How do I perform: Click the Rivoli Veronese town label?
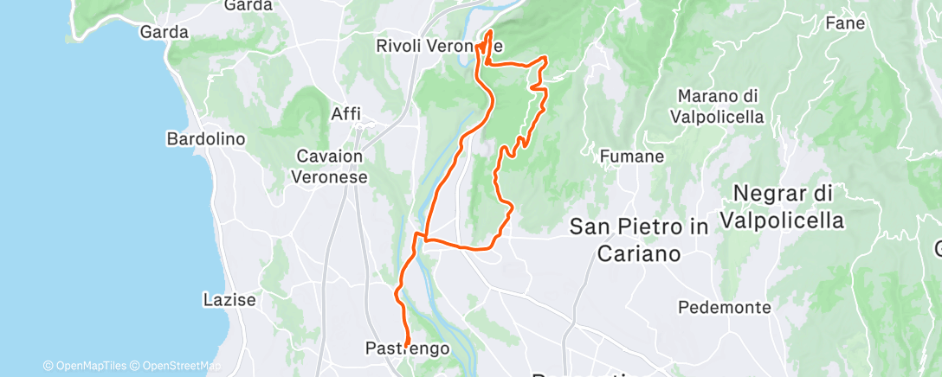[x=440, y=45]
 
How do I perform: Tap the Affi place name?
[x=345, y=113]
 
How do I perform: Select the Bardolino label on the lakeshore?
[x=206, y=138]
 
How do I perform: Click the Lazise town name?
[x=229, y=300]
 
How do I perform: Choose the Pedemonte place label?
[x=725, y=307]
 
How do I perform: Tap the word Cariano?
[x=639, y=253]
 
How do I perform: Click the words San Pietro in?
[x=640, y=227]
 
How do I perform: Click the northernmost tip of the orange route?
[x=490, y=31]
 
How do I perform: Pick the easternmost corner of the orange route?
[x=546, y=58]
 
